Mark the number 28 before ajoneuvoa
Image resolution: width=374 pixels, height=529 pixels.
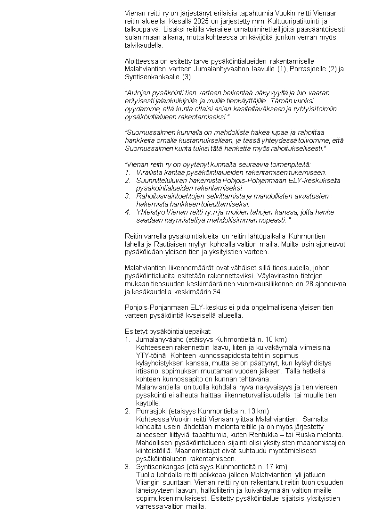[x=309, y=284]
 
